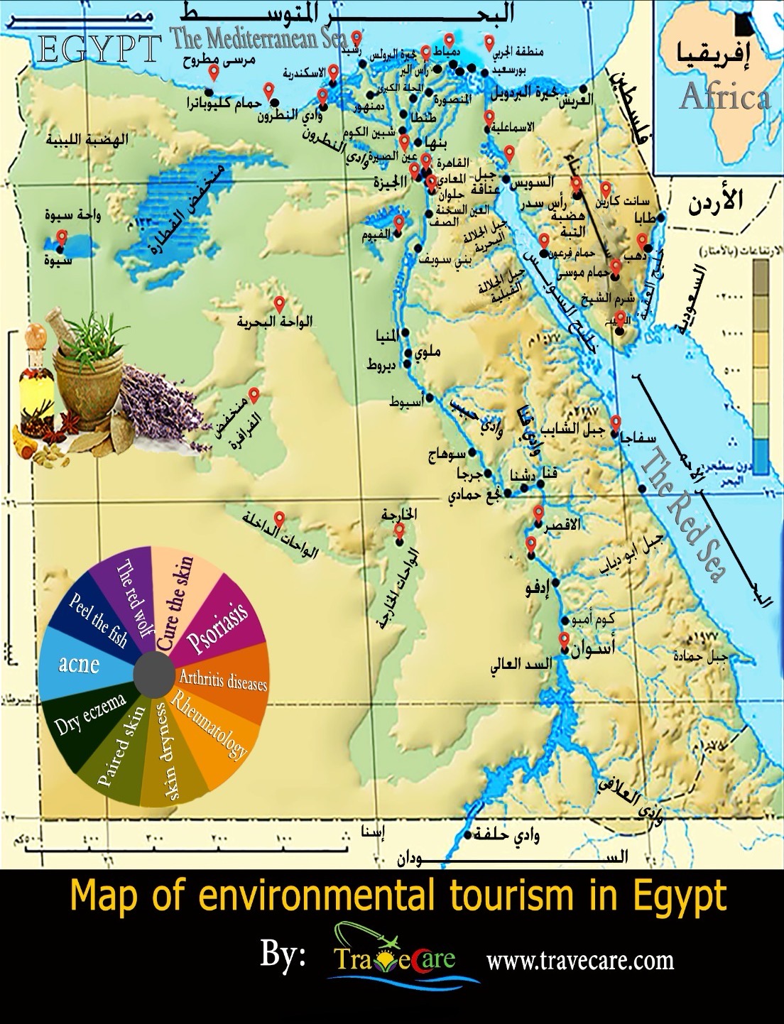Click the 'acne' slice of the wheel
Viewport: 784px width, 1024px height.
(x=80, y=665)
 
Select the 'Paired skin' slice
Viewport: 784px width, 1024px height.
(x=120, y=746)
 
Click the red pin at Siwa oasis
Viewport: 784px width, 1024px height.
(x=62, y=238)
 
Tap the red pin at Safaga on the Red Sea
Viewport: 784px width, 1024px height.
(x=616, y=422)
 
